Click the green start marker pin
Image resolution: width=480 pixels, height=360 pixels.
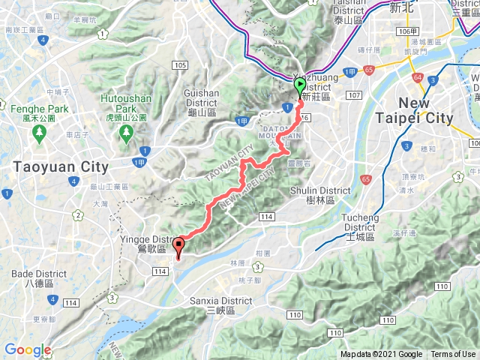[x=299, y=85]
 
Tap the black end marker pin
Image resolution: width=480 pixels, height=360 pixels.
[x=178, y=244]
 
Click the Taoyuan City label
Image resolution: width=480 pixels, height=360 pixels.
[x=59, y=166]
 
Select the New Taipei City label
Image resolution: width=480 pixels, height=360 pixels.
[x=425, y=111]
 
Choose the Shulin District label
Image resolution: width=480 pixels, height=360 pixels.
[x=319, y=195]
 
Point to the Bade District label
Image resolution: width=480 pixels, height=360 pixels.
[x=32, y=280]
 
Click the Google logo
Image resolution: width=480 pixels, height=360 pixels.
[x=28, y=350]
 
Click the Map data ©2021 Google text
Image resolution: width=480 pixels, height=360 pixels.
[x=381, y=355]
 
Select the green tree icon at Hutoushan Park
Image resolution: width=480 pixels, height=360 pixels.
[x=124, y=132]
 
